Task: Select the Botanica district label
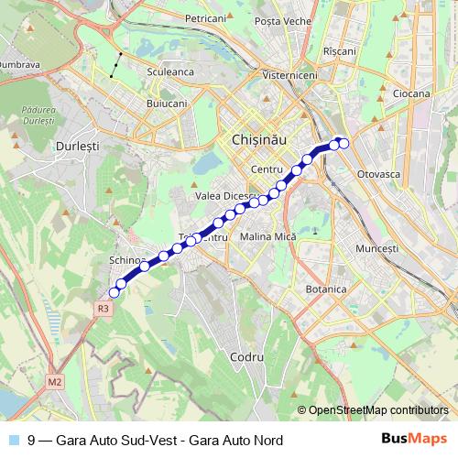(x=326, y=289)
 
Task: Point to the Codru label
(x=247, y=355)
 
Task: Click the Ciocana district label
(x=410, y=93)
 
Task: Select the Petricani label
(x=205, y=18)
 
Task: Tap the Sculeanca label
(x=169, y=69)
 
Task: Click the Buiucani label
(x=167, y=104)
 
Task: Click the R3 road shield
(x=104, y=310)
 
